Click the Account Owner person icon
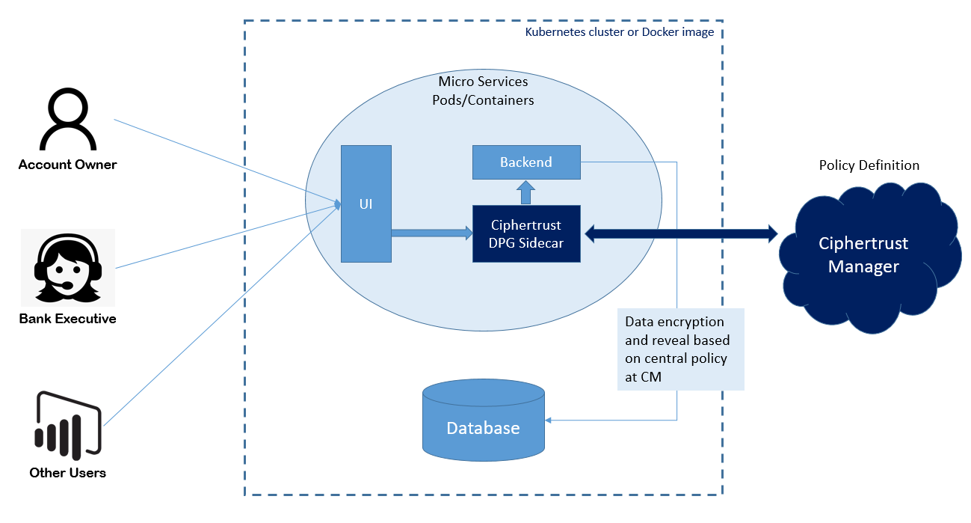(x=68, y=120)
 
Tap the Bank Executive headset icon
(x=67, y=268)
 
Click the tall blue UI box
(x=366, y=204)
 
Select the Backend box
(x=526, y=162)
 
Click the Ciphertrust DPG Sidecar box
(x=526, y=233)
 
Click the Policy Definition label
(x=869, y=165)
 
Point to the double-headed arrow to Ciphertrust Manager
(x=681, y=234)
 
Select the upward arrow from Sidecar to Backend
(x=526, y=192)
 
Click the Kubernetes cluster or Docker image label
(x=619, y=32)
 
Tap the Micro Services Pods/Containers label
(x=483, y=91)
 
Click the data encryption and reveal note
(x=680, y=349)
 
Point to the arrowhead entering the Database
(x=551, y=420)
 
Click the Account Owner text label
(x=68, y=165)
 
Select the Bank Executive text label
(x=67, y=319)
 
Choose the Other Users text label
(x=68, y=473)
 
